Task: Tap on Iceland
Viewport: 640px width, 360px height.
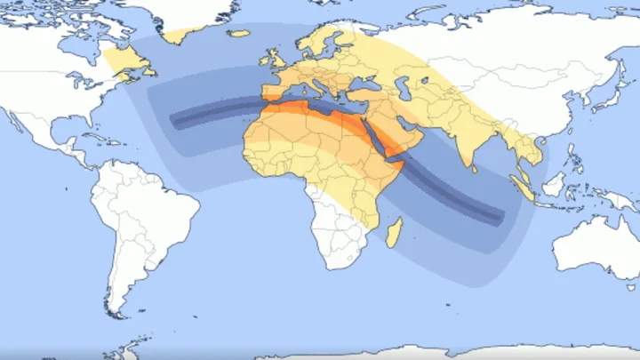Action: point(238,34)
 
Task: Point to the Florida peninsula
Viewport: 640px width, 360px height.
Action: point(82,124)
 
